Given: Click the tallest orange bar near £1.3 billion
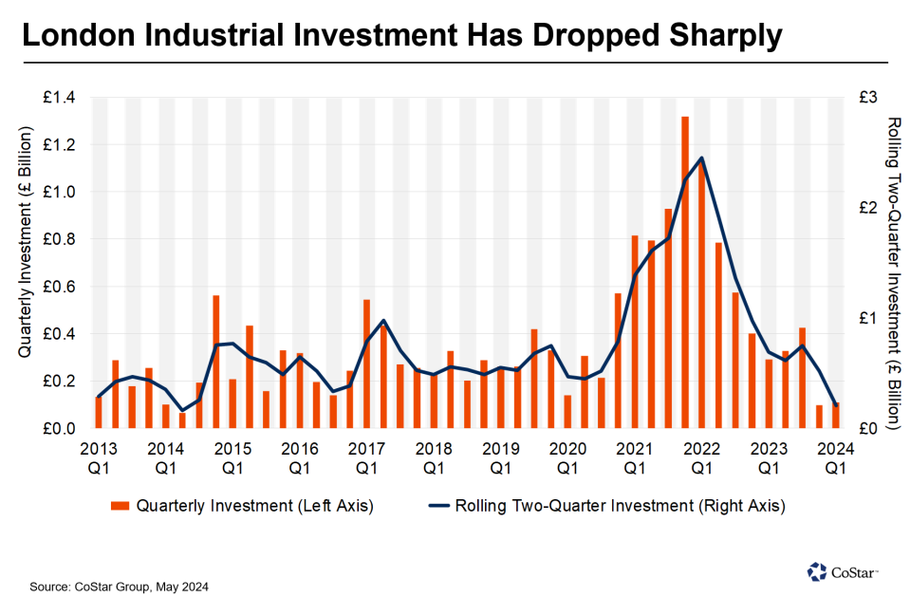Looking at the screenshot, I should click(x=685, y=271).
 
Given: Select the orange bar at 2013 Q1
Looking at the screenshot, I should click(x=99, y=413).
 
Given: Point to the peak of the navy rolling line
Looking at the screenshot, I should click(x=701, y=158).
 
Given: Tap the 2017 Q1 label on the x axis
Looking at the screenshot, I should click(x=366, y=457).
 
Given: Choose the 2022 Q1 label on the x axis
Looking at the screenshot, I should click(x=701, y=457).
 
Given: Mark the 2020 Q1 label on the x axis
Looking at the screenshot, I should click(x=567, y=457).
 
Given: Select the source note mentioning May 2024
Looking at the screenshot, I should click(x=119, y=587).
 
